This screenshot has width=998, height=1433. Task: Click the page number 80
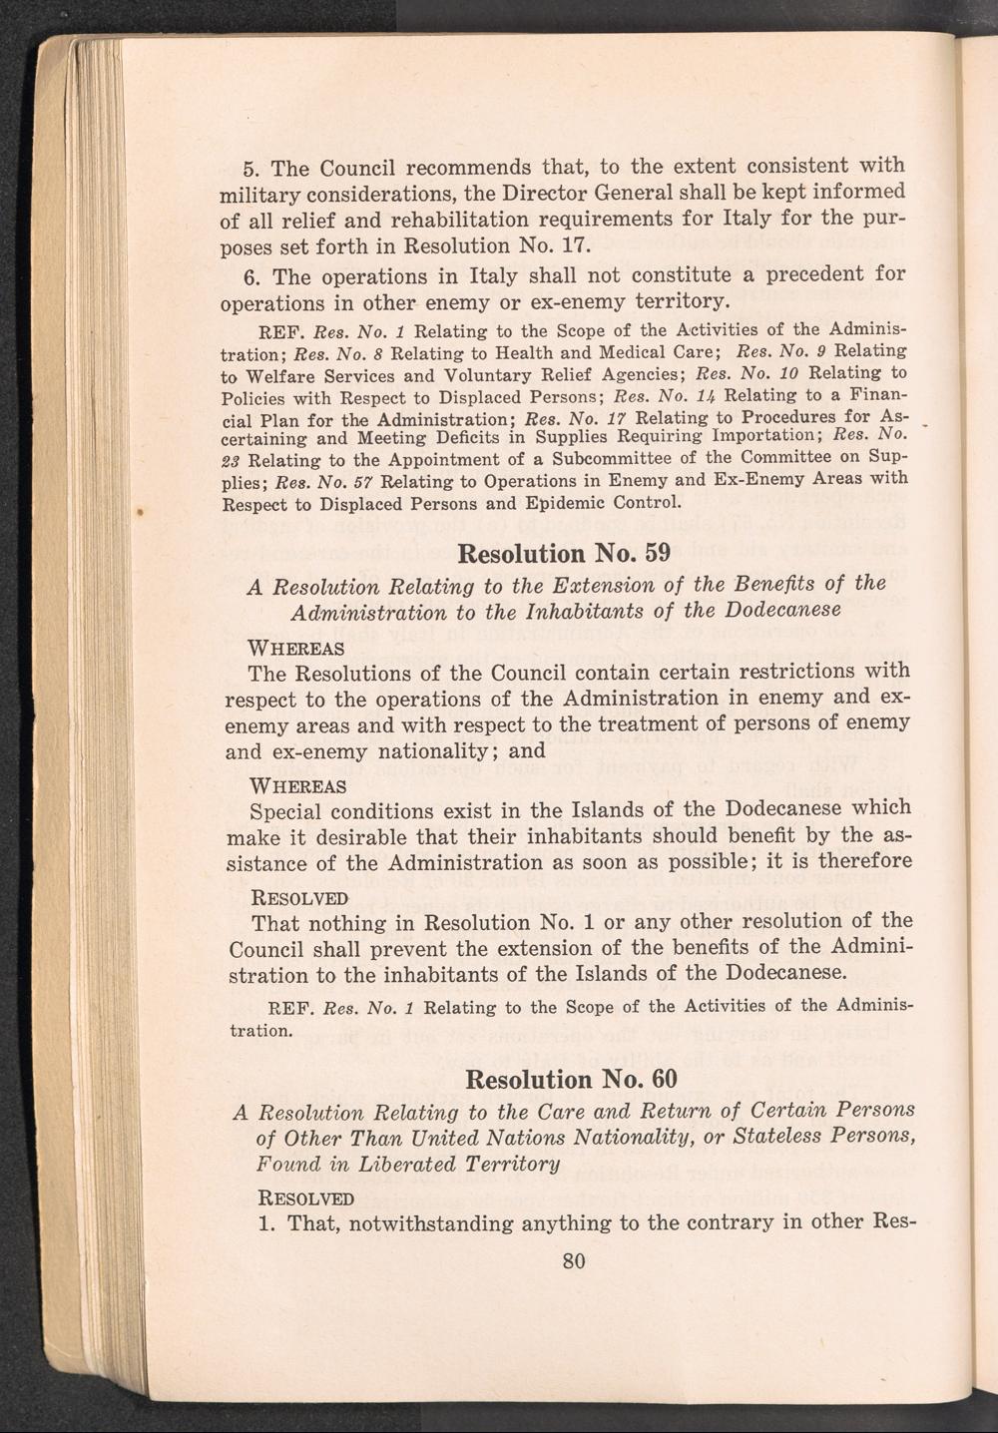click(x=573, y=1261)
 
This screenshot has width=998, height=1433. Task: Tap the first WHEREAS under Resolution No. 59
click(x=296, y=650)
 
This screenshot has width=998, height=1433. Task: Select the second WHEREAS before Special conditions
click(x=296, y=785)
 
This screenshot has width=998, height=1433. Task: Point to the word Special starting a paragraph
click(x=288, y=809)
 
